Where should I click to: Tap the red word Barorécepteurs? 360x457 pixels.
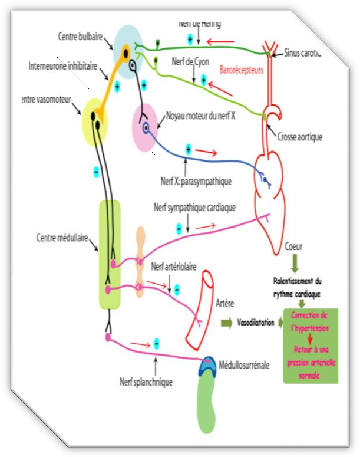coord(241,69)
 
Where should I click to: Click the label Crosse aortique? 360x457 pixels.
coord(300,137)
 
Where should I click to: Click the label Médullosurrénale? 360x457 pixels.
coord(243,365)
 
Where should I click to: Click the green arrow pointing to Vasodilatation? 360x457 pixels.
coord(226,323)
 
